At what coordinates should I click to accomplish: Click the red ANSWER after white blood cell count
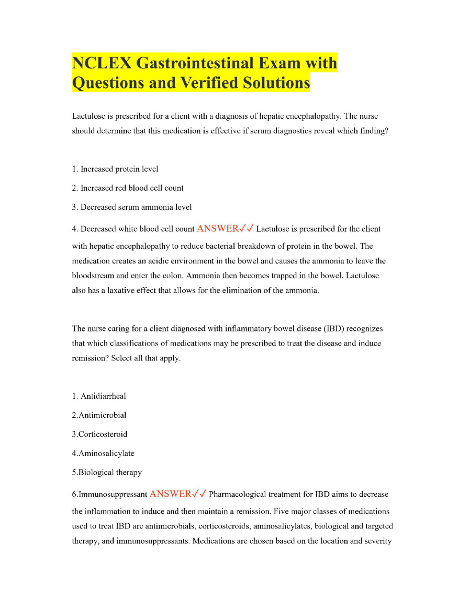(x=217, y=229)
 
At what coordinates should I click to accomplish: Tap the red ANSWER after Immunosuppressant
(x=170, y=494)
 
